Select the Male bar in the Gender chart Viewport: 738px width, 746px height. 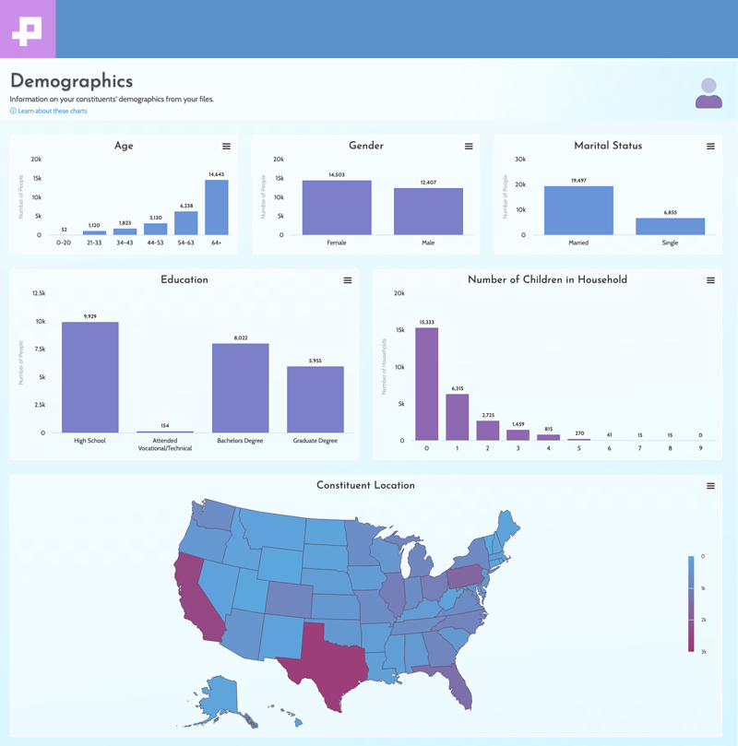coord(428,211)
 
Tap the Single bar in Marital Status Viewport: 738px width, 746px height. coord(670,226)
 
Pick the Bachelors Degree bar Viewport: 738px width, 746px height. coord(240,387)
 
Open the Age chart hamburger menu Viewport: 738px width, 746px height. coord(227,147)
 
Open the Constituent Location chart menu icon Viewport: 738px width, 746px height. coord(710,486)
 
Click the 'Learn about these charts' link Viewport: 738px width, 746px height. coord(52,111)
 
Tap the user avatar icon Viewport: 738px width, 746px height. coord(708,93)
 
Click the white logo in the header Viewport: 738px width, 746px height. coord(28,29)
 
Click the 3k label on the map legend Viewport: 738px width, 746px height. coord(703,652)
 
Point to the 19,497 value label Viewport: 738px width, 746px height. coord(578,181)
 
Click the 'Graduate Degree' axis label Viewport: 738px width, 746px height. coord(315,441)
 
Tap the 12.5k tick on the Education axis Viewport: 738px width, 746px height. coord(39,293)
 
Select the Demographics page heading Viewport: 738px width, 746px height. coord(71,81)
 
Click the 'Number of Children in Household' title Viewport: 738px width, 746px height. coord(547,279)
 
